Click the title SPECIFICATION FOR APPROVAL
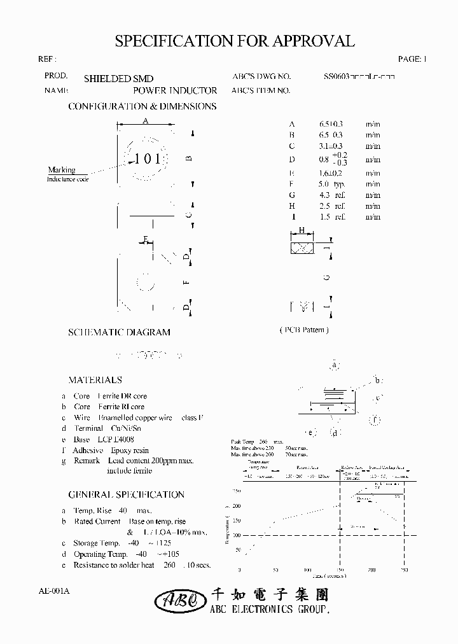234,41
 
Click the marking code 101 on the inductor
148,159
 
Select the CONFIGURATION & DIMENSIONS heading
142,106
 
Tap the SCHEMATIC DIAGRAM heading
119,332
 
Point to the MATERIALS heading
95,380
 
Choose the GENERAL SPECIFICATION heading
126,494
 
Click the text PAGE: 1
412,59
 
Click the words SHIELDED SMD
118,79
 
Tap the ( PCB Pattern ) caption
304,330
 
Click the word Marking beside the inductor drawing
62,170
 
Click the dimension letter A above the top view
145,121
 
